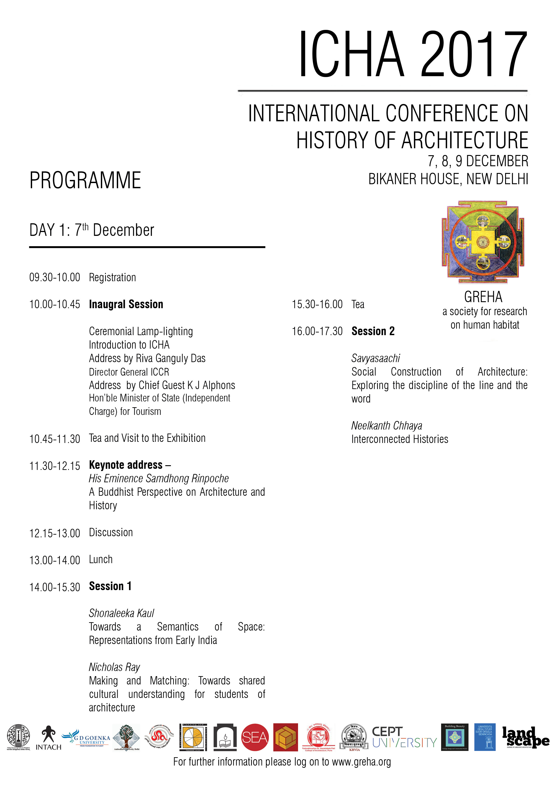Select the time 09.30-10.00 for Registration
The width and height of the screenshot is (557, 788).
[x=55, y=277]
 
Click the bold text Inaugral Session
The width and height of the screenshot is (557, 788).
[x=126, y=304]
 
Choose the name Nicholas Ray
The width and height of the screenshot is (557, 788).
[x=114, y=667]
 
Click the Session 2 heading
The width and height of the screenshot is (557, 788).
[x=373, y=331]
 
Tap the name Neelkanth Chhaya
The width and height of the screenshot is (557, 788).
[x=387, y=426]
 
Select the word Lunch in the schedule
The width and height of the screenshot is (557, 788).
[x=101, y=559]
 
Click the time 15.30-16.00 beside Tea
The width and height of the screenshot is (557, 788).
[x=317, y=304]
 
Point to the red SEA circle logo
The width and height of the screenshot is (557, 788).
[x=255, y=737]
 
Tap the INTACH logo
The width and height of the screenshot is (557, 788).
[x=48, y=738]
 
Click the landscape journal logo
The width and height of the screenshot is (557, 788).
[x=525, y=737]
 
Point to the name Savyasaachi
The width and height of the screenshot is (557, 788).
[x=376, y=358]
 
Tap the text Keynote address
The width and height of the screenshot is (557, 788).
[x=126, y=465]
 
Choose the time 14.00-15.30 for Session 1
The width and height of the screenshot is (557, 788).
[x=55, y=587]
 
